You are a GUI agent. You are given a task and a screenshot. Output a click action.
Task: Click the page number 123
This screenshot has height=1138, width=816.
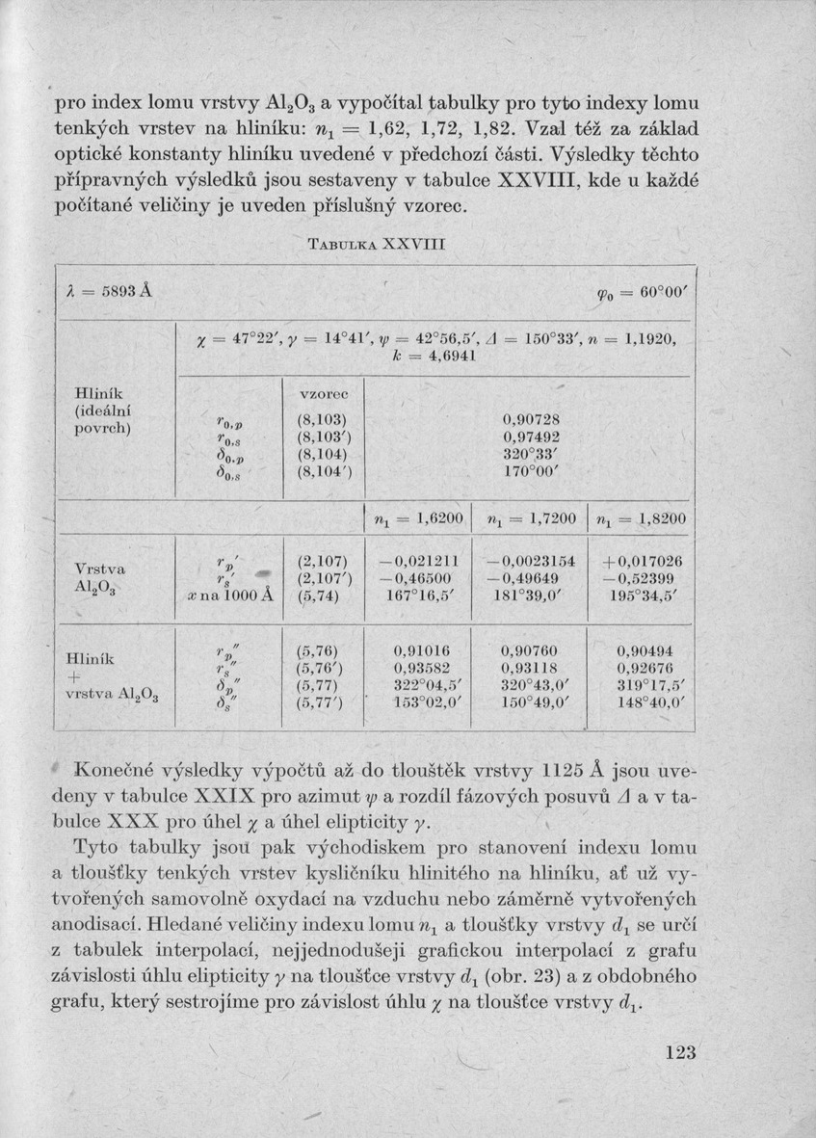(679, 1053)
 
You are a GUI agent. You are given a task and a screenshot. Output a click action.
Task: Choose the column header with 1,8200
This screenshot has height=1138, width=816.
(641, 520)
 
